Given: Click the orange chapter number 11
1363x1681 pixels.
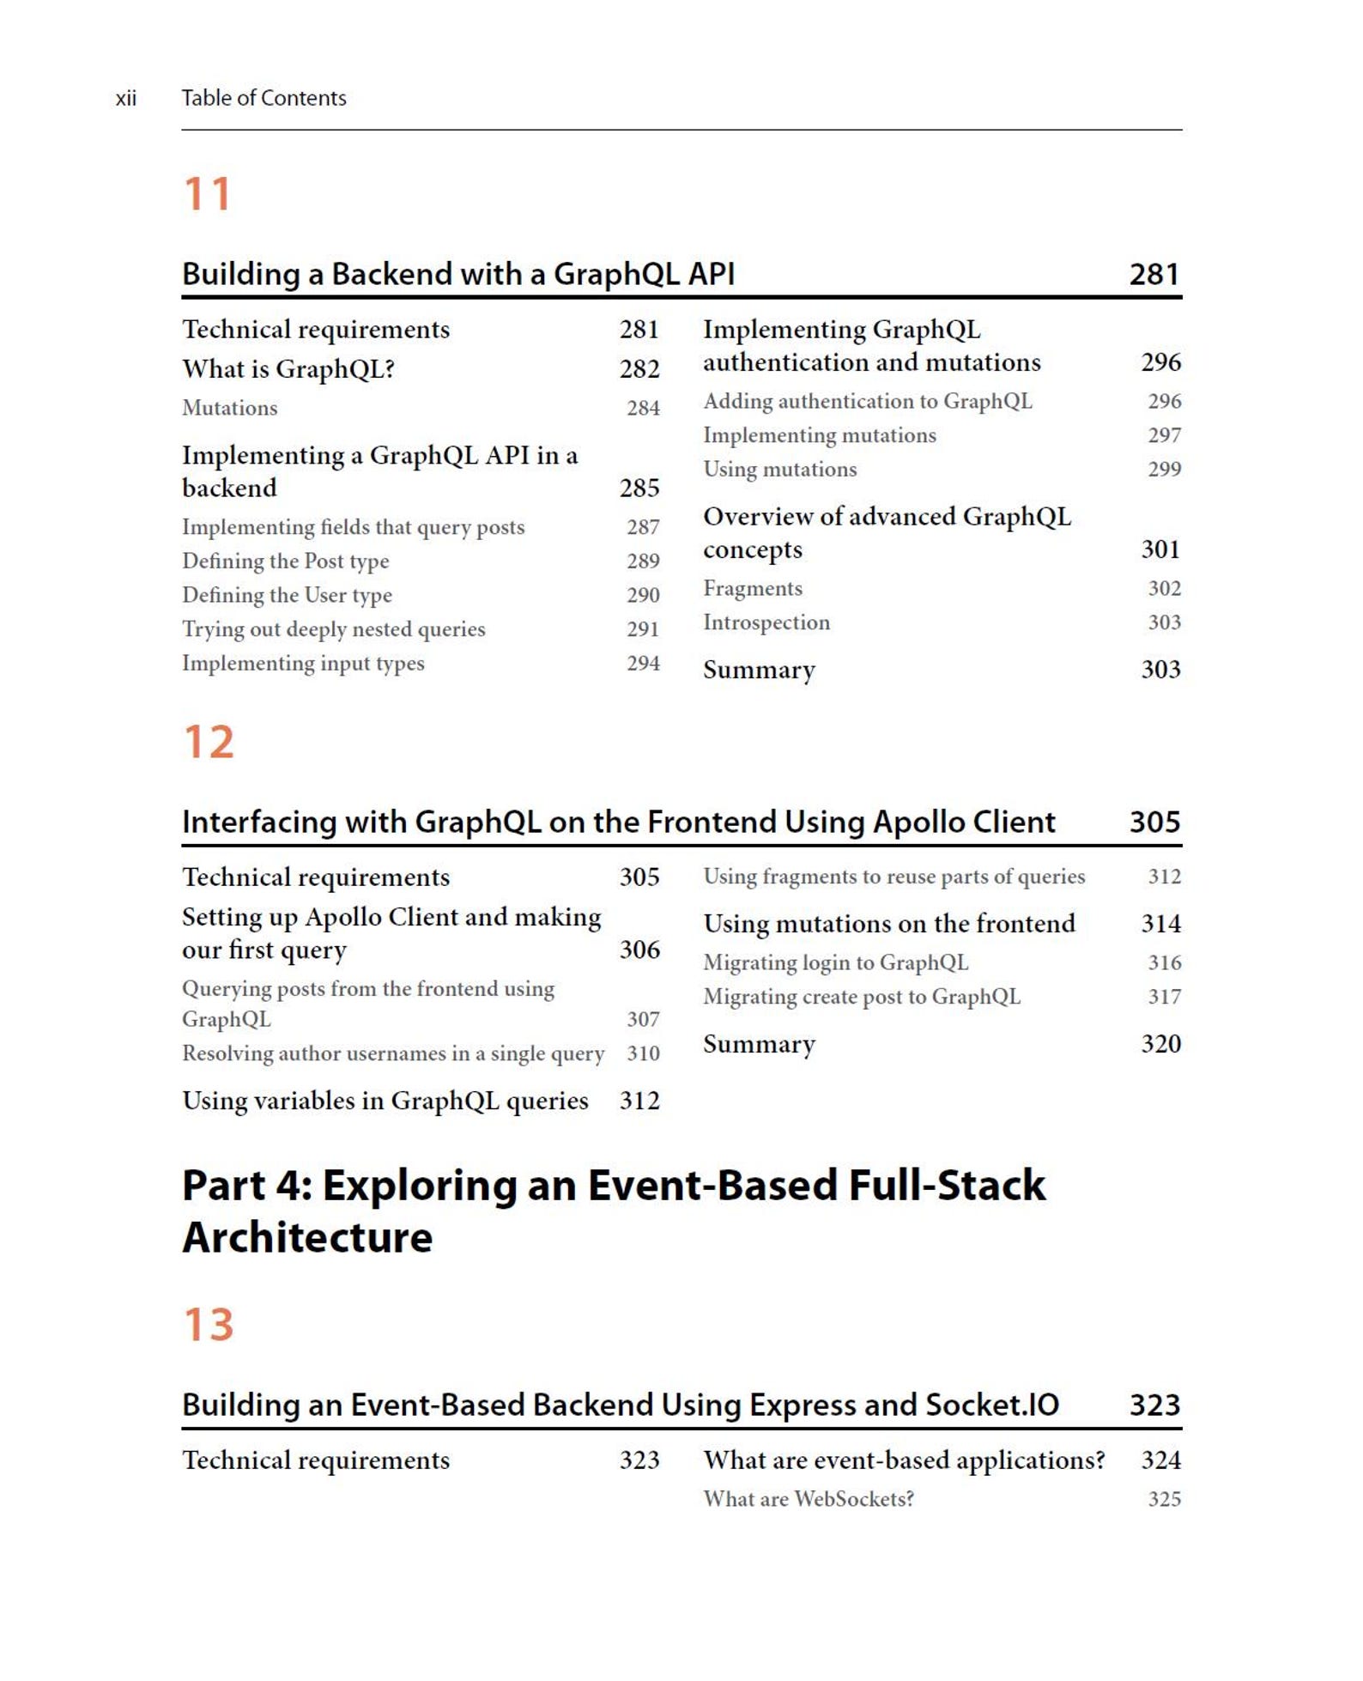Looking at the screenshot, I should point(207,194).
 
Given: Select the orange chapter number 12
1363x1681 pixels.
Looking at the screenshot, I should point(209,743).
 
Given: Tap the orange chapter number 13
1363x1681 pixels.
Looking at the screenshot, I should point(209,1325).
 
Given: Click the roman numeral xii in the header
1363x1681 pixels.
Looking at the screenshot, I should point(126,99).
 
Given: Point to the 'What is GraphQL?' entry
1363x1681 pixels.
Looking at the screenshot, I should point(288,369).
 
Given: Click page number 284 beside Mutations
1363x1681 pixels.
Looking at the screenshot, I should point(643,408).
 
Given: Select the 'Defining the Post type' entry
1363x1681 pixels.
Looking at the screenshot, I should point(285,561).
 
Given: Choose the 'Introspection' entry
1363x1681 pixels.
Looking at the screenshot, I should point(766,622).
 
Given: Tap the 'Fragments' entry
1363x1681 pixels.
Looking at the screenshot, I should point(753,588).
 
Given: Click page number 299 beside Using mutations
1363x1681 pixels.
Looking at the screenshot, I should point(1164,469).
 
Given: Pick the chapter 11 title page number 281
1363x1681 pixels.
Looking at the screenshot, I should point(1154,275).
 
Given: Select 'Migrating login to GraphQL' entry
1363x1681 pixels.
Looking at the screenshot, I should point(835,962).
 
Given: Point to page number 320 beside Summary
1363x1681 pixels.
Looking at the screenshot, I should point(1160,1044).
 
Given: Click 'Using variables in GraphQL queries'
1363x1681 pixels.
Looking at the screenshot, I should point(385,1101).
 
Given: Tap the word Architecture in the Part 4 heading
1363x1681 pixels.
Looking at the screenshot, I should point(307,1237).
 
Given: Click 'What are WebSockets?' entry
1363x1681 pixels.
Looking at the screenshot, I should point(809,1499).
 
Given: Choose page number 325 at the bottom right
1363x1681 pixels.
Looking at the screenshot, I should point(1164,1499).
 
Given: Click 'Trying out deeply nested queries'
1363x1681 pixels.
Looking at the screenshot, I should point(333,629).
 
